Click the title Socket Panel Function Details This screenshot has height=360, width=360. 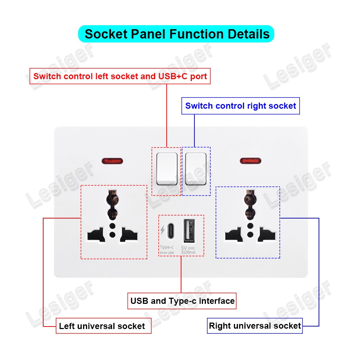tap(176, 34)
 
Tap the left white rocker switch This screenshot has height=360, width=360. tap(167, 168)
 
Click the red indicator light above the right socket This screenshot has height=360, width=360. tap(250, 160)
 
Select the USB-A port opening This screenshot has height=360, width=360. tap(188, 230)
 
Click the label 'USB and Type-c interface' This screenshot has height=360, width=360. tap(182, 301)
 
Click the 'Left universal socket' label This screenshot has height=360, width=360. tap(102, 326)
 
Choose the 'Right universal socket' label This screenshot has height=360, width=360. tap(255, 326)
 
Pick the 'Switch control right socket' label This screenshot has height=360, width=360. tap(240, 106)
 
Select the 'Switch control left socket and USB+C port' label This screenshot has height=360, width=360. tap(120, 76)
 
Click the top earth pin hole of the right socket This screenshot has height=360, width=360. tap(248, 198)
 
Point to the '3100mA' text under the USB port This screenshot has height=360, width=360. tap(188, 253)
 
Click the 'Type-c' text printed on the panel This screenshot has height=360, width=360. tap(167, 247)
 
